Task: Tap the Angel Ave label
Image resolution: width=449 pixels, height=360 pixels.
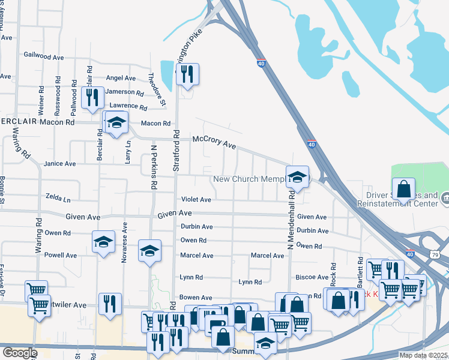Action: (121, 78)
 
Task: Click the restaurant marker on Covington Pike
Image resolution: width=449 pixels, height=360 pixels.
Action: (187, 74)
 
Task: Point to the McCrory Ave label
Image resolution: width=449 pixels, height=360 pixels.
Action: (214, 142)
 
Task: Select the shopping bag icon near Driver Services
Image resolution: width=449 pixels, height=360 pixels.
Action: (404, 188)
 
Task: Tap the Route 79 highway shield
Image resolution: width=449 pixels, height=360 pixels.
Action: (443, 254)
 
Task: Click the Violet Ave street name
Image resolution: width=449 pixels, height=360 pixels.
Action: (196, 200)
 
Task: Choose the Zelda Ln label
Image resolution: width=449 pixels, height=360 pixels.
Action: (58, 197)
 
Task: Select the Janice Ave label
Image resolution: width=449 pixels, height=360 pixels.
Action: (60, 163)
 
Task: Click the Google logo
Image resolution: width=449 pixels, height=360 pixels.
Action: (20, 353)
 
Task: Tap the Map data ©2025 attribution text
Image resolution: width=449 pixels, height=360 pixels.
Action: (423, 355)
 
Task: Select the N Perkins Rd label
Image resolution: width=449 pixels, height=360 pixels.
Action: (154, 167)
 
